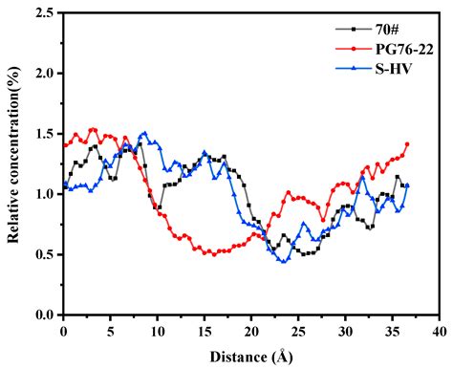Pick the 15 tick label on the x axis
205,329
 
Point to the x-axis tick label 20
251,329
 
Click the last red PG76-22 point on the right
407,144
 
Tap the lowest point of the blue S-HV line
284,261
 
